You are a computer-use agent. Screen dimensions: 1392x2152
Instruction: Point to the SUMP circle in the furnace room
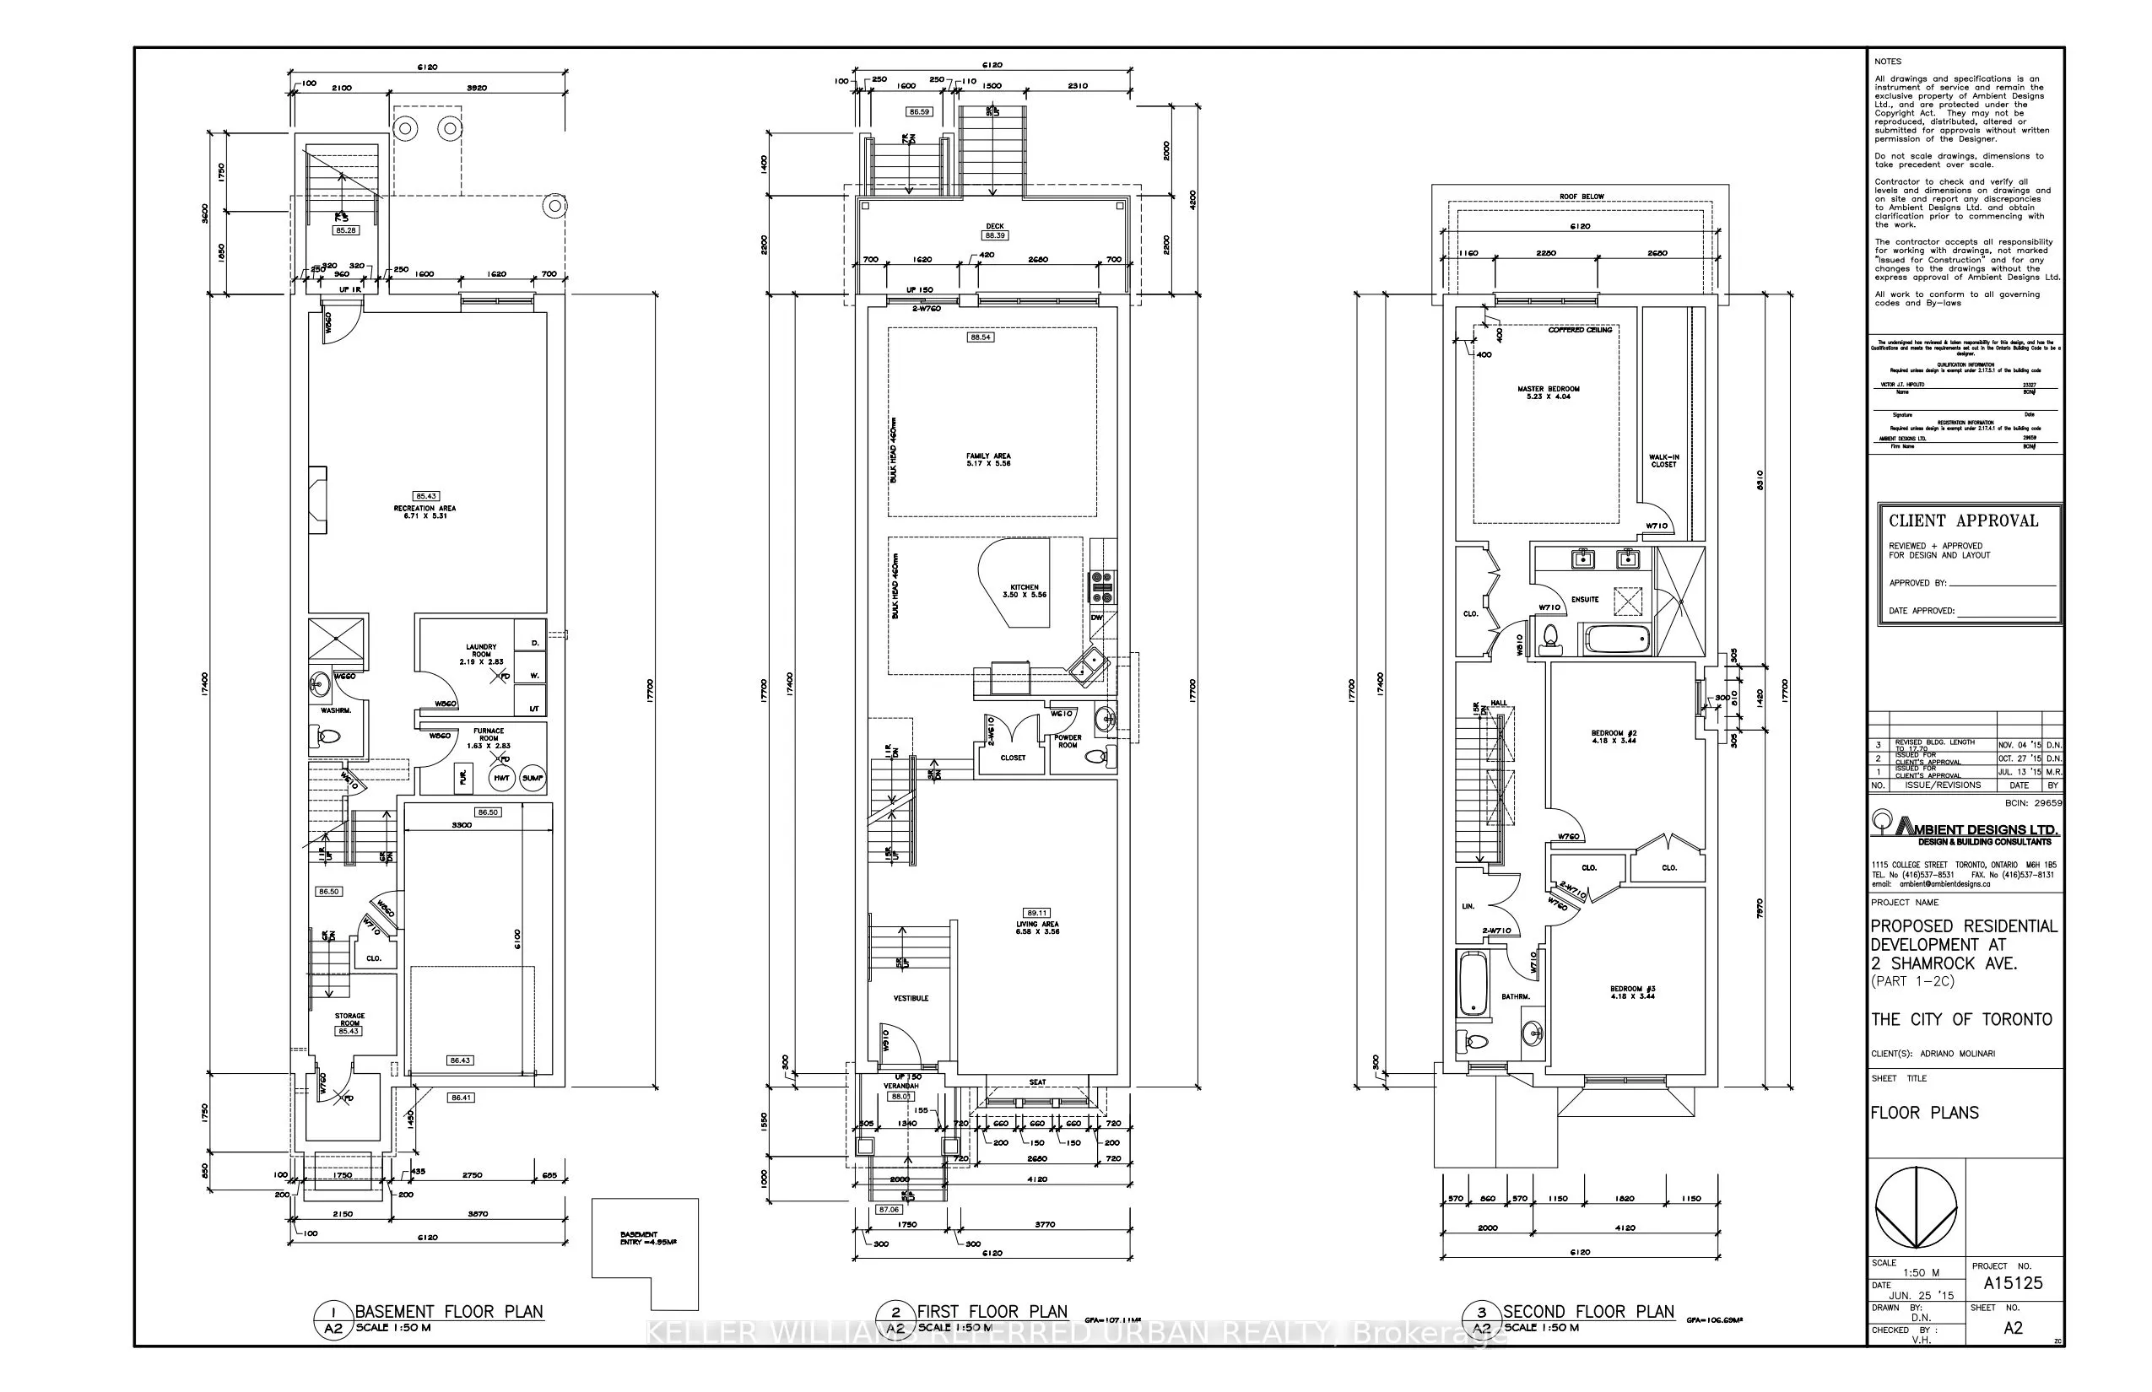[x=533, y=777]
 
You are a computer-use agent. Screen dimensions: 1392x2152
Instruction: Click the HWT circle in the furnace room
[x=502, y=777]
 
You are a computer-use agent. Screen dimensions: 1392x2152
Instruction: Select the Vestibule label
[x=911, y=998]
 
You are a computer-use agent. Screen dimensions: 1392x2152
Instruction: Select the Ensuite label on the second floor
[x=1585, y=599]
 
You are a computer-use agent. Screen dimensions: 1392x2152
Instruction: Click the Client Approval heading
[x=1963, y=521]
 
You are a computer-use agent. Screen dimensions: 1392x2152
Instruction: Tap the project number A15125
[x=2013, y=1282]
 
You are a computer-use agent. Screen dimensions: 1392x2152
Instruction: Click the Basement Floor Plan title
[x=448, y=1312]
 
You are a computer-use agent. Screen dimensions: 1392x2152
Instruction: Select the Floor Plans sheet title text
[x=1924, y=1113]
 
